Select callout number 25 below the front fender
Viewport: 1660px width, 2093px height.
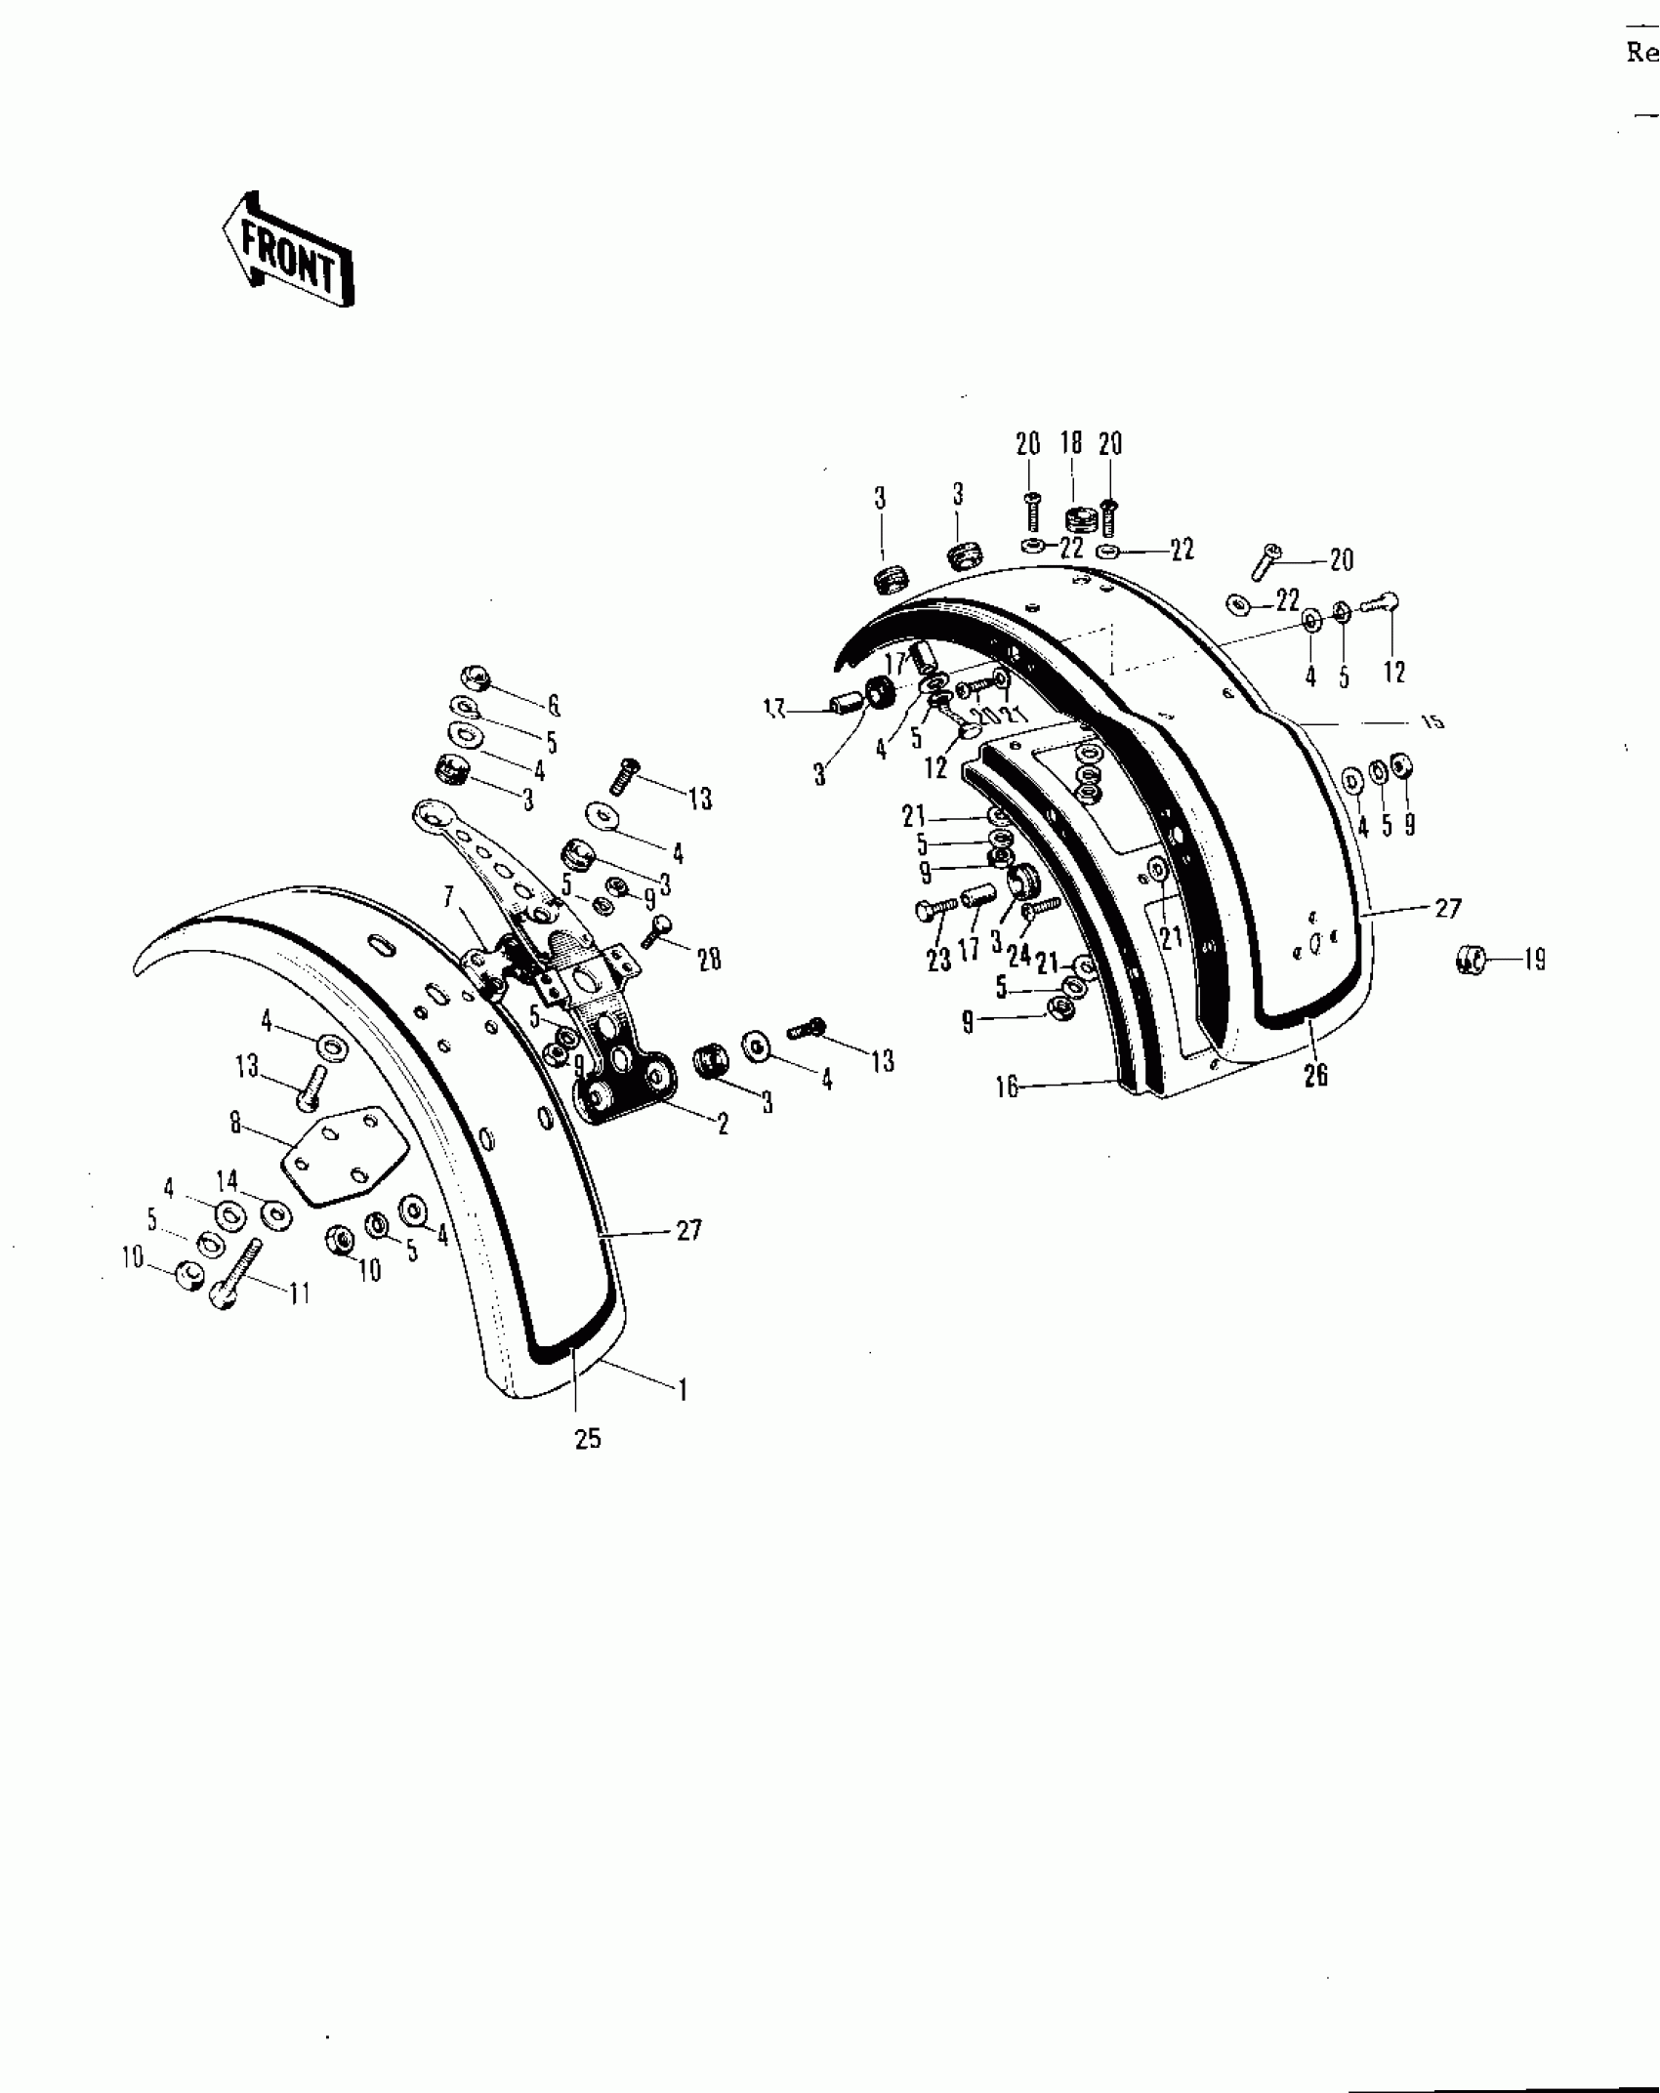(x=588, y=1438)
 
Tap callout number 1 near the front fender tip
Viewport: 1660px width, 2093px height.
(x=683, y=1389)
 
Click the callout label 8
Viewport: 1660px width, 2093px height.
(x=235, y=1124)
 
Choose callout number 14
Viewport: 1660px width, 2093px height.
(x=228, y=1182)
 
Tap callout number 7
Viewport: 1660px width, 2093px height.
(x=449, y=895)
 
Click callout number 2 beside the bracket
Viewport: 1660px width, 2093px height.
(x=723, y=1124)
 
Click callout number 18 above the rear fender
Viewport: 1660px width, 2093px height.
(x=1071, y=442)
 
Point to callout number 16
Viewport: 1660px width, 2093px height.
(x=1008, y=1087)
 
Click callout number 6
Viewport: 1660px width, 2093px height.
(x=554, y=705)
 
